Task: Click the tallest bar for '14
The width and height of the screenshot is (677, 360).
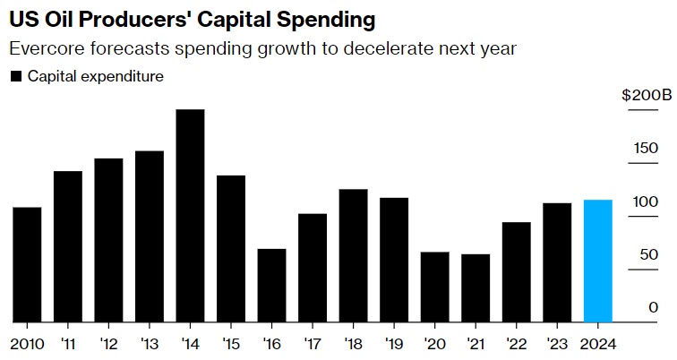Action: point(190,215)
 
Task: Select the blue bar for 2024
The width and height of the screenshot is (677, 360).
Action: point(597,261)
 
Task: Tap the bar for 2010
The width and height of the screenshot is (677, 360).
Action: point(27,264)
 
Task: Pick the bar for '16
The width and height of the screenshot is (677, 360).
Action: point(271,285)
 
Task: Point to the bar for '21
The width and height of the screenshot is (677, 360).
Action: point(476,287)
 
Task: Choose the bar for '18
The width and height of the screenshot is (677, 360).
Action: point(353,255)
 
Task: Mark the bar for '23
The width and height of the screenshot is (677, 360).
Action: point(557,262)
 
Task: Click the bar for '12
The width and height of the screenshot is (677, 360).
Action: point(108,240)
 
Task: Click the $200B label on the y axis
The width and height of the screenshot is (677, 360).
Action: point(640,95)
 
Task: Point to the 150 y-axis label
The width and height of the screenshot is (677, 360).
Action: point(646,149)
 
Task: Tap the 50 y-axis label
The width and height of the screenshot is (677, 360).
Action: point(649,254)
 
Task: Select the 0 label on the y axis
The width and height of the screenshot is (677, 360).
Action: point(654,307)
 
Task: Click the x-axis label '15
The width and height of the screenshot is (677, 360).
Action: point(231,343)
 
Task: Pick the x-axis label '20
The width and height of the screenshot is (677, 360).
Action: point(435,343)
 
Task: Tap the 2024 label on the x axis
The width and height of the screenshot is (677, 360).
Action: point(597,343)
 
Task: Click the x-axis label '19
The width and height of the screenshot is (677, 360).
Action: point(394,343)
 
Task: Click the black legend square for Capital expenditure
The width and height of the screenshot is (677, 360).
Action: point(16,77)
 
